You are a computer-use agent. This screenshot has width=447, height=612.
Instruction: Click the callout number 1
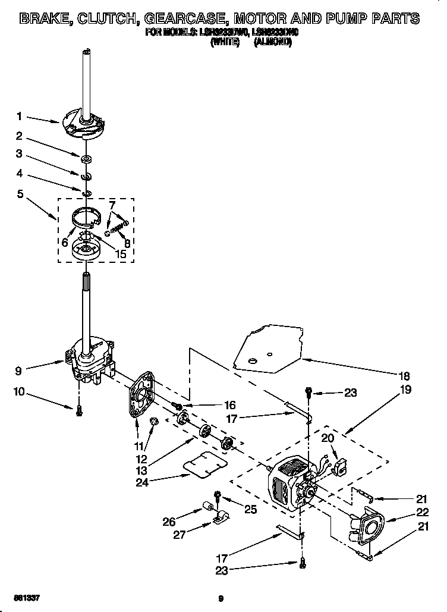(19, 116)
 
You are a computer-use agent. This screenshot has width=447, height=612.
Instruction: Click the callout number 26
(169, 522)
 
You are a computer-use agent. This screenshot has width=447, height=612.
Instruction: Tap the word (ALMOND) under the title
(272, 43)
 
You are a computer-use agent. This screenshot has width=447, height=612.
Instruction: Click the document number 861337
(24, 596)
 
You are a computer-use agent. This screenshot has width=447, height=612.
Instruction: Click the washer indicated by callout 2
(86, 158)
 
